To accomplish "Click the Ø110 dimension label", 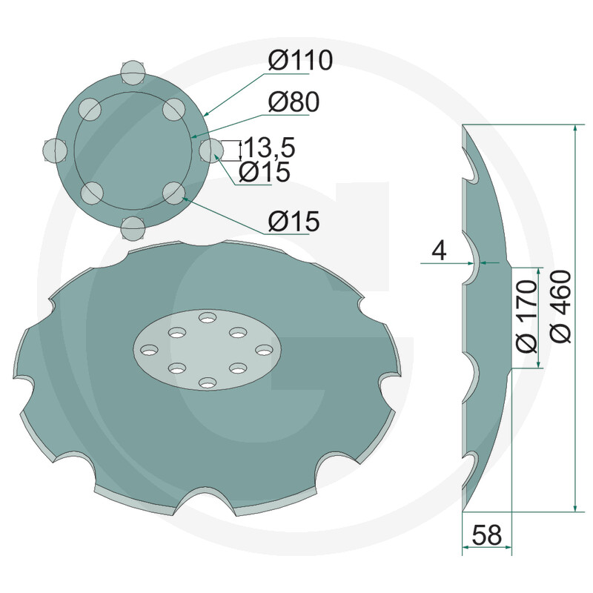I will point(300,62).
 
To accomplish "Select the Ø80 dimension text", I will point(294,103).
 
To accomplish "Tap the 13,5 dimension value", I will point(270,148).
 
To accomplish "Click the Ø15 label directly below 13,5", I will point(265,172).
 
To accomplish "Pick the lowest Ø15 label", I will point(294,220).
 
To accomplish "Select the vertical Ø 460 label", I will point(562,305).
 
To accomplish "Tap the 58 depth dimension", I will point(486,533).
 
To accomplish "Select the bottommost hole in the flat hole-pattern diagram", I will point(131,228).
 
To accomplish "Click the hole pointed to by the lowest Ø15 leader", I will point(173,193).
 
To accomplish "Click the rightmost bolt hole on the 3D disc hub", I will point(264,349).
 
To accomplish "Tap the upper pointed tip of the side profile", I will point(463,127).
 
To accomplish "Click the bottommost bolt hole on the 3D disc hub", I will point(206,382).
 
